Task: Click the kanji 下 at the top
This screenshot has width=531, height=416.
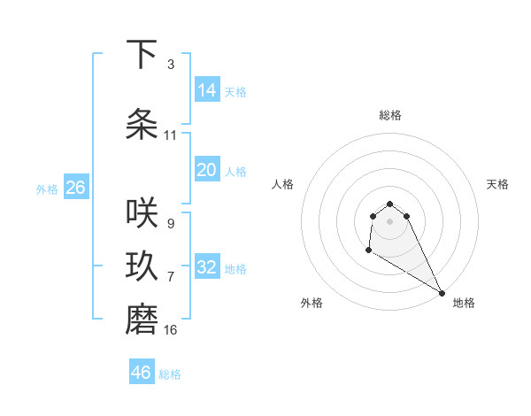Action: point(142,55)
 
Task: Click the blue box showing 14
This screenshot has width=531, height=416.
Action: point(207,90)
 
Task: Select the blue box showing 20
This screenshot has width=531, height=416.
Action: point(207,170)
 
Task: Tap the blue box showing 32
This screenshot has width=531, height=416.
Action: point(207,267)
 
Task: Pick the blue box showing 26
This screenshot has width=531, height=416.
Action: point(75,188)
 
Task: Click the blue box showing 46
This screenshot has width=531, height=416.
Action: point(142,373)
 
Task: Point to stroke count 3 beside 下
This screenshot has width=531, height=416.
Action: point(170,65)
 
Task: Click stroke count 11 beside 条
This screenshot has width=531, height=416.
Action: point(170,135)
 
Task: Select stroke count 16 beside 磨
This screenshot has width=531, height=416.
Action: point(170,330)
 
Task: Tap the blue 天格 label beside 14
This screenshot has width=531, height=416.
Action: point(235,92)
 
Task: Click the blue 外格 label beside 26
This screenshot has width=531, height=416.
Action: point(47,189)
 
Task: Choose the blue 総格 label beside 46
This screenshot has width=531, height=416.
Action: point(170,374)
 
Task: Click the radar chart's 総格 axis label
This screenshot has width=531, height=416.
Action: point(390,115)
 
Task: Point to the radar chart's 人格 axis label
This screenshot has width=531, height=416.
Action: point(283,184)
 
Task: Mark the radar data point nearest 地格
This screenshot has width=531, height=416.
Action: point(442,292)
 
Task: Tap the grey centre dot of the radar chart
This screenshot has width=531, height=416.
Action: point(390,221)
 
